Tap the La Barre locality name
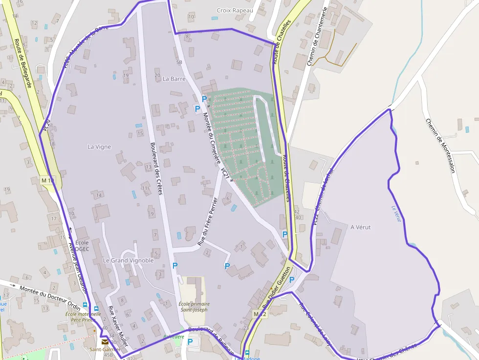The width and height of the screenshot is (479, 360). click(174, 79)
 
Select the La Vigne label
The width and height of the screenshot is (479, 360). click(99, 147)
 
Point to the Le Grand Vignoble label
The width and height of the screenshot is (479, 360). click(128, 260)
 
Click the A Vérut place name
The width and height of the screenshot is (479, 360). click(361, 227)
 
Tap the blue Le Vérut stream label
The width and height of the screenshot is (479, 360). click(396, 213)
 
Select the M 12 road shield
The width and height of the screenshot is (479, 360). click(260, 313)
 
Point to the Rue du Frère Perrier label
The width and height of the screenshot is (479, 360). click(207, 221)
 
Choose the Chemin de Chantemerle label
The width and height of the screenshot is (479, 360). click(317, 37)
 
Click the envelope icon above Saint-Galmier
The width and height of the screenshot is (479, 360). click(105, 342)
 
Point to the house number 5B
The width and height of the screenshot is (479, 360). click(179, 63)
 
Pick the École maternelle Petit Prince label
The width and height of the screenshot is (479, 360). click(83, 317)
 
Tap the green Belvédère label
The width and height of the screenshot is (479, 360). click(174, 337)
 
